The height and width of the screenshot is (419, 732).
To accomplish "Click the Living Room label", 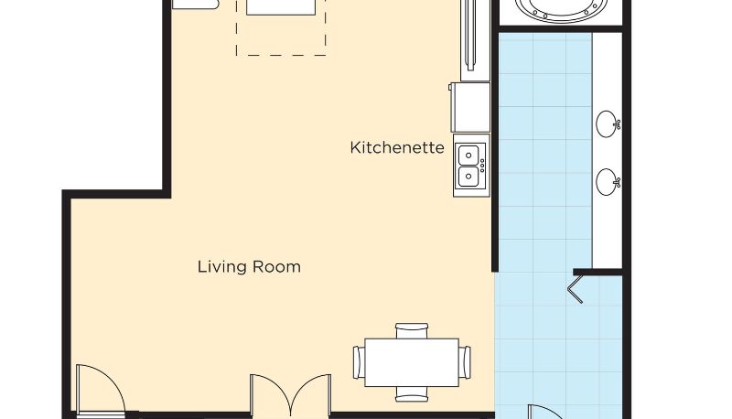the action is [249, 267].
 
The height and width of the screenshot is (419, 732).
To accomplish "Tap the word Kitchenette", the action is [397, 147].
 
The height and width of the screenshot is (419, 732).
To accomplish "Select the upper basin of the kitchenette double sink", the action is [468, 155].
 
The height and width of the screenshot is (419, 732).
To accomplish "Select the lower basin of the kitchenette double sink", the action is [468, 177].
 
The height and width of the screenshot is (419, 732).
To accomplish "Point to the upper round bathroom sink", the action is [606, 124].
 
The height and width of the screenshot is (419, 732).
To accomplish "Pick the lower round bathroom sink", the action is [606, 182].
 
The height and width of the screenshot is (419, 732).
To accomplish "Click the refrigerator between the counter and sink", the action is [470, 107].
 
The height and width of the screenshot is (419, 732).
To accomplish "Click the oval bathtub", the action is [562, 10].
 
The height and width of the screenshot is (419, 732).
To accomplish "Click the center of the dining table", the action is [412, 362].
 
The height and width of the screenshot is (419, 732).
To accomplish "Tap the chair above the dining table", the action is [412, 331].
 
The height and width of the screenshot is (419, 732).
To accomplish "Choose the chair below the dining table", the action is [412, 393].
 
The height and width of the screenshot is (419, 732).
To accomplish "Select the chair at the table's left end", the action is [359, 362].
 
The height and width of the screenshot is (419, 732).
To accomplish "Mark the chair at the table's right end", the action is [465, 362].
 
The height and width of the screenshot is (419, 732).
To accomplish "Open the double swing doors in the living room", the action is [290, 394].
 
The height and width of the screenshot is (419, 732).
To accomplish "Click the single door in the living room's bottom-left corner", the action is [102, 390].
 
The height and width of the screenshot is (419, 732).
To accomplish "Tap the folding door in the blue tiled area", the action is [576, 289].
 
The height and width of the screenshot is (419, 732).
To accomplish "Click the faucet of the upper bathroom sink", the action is [617, 124].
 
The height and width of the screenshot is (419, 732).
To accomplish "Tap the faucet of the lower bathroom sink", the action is [617, 182].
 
